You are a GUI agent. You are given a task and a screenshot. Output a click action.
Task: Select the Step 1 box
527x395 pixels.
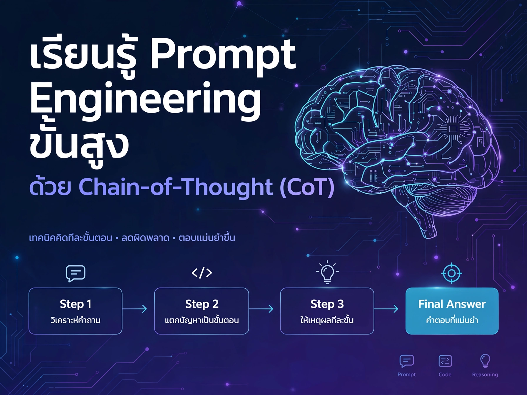click(75, 311)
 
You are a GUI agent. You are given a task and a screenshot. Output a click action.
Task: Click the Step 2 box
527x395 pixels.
click(201, 311)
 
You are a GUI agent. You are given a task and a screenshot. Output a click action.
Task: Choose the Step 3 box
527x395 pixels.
click(327, 311)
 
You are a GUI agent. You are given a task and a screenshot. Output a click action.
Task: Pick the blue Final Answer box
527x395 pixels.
click(452, 311)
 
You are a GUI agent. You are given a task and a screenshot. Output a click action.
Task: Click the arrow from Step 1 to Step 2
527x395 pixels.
click(135, 309)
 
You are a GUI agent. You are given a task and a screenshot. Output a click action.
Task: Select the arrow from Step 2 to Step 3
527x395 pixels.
click(261, 309)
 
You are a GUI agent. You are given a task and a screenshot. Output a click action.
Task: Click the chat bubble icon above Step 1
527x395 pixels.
click(76, 273)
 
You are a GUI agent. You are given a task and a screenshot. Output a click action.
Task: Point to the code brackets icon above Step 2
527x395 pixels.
click(202, 273)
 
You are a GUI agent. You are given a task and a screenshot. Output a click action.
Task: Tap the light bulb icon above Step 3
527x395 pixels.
click(327, 272)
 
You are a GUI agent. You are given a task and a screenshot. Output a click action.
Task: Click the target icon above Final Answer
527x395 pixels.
click(452, 273)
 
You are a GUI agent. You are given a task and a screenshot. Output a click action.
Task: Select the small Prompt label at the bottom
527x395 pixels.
click(406, 374)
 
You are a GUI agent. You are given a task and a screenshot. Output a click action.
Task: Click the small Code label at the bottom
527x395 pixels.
click(445, 374)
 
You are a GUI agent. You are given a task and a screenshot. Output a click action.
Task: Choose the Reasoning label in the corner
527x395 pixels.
click(485, 374)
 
